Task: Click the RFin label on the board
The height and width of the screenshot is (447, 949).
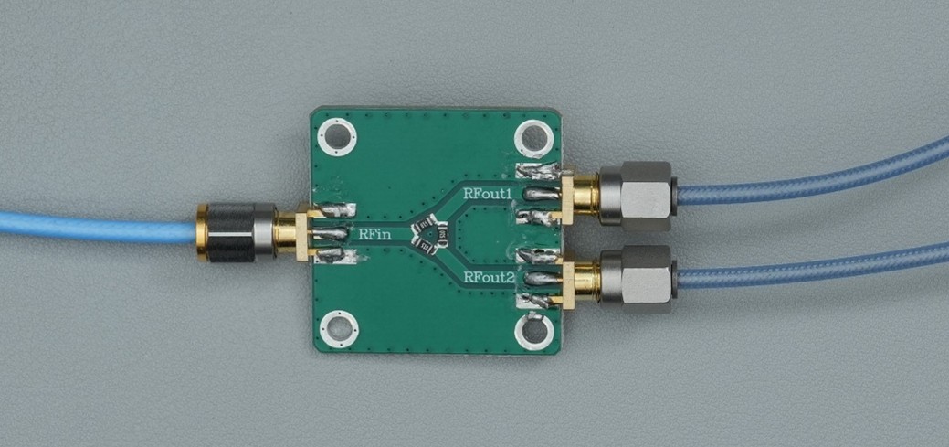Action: coord(373,233)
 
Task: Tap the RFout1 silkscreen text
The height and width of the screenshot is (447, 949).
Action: coord(488,194)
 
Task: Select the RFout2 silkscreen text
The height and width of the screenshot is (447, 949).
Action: coord(489,278)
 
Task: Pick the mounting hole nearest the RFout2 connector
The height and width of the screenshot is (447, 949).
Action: coord(534,331)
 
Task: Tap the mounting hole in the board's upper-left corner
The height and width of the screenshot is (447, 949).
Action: coord(337,137)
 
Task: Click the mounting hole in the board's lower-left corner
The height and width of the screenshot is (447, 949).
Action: coord(339,329)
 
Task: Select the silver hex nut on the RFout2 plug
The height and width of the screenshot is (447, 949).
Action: coord(638,279)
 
